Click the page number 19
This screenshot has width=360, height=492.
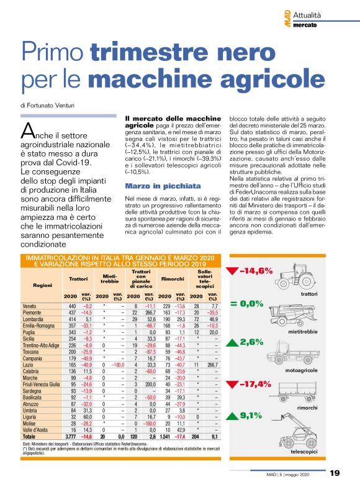(x=335, y=473)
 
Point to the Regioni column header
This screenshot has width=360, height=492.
(x=33, y=285)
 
